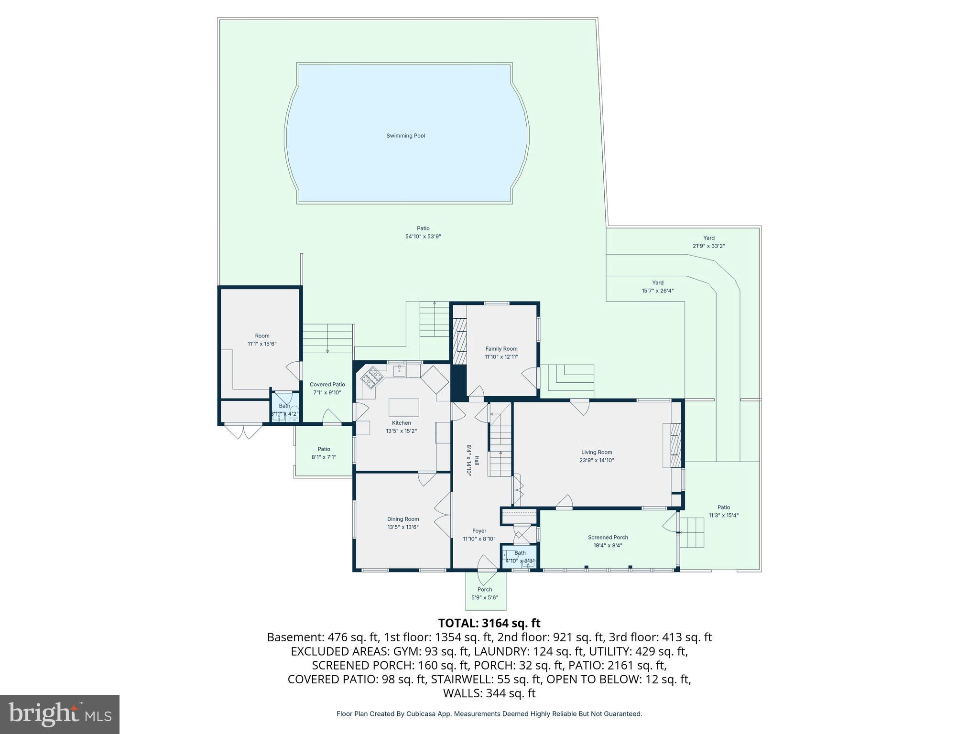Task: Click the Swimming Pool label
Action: [x=405, y=136]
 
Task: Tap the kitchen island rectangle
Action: [x=403, y=408]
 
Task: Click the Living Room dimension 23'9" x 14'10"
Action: [x=597, y=460]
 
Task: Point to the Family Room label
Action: [x=501, y=349]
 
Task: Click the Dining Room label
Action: [x=403, y=519]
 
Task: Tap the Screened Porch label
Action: [x=608, y=537]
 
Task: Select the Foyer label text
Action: [x=479, y=531]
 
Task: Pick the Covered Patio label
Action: [x=327, y=385]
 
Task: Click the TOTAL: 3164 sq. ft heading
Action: [x=489, y=623]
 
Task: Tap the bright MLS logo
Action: [x=59, y=714]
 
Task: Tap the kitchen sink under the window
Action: [x=399, y=370]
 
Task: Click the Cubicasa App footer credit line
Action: [x=489, y=714]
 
